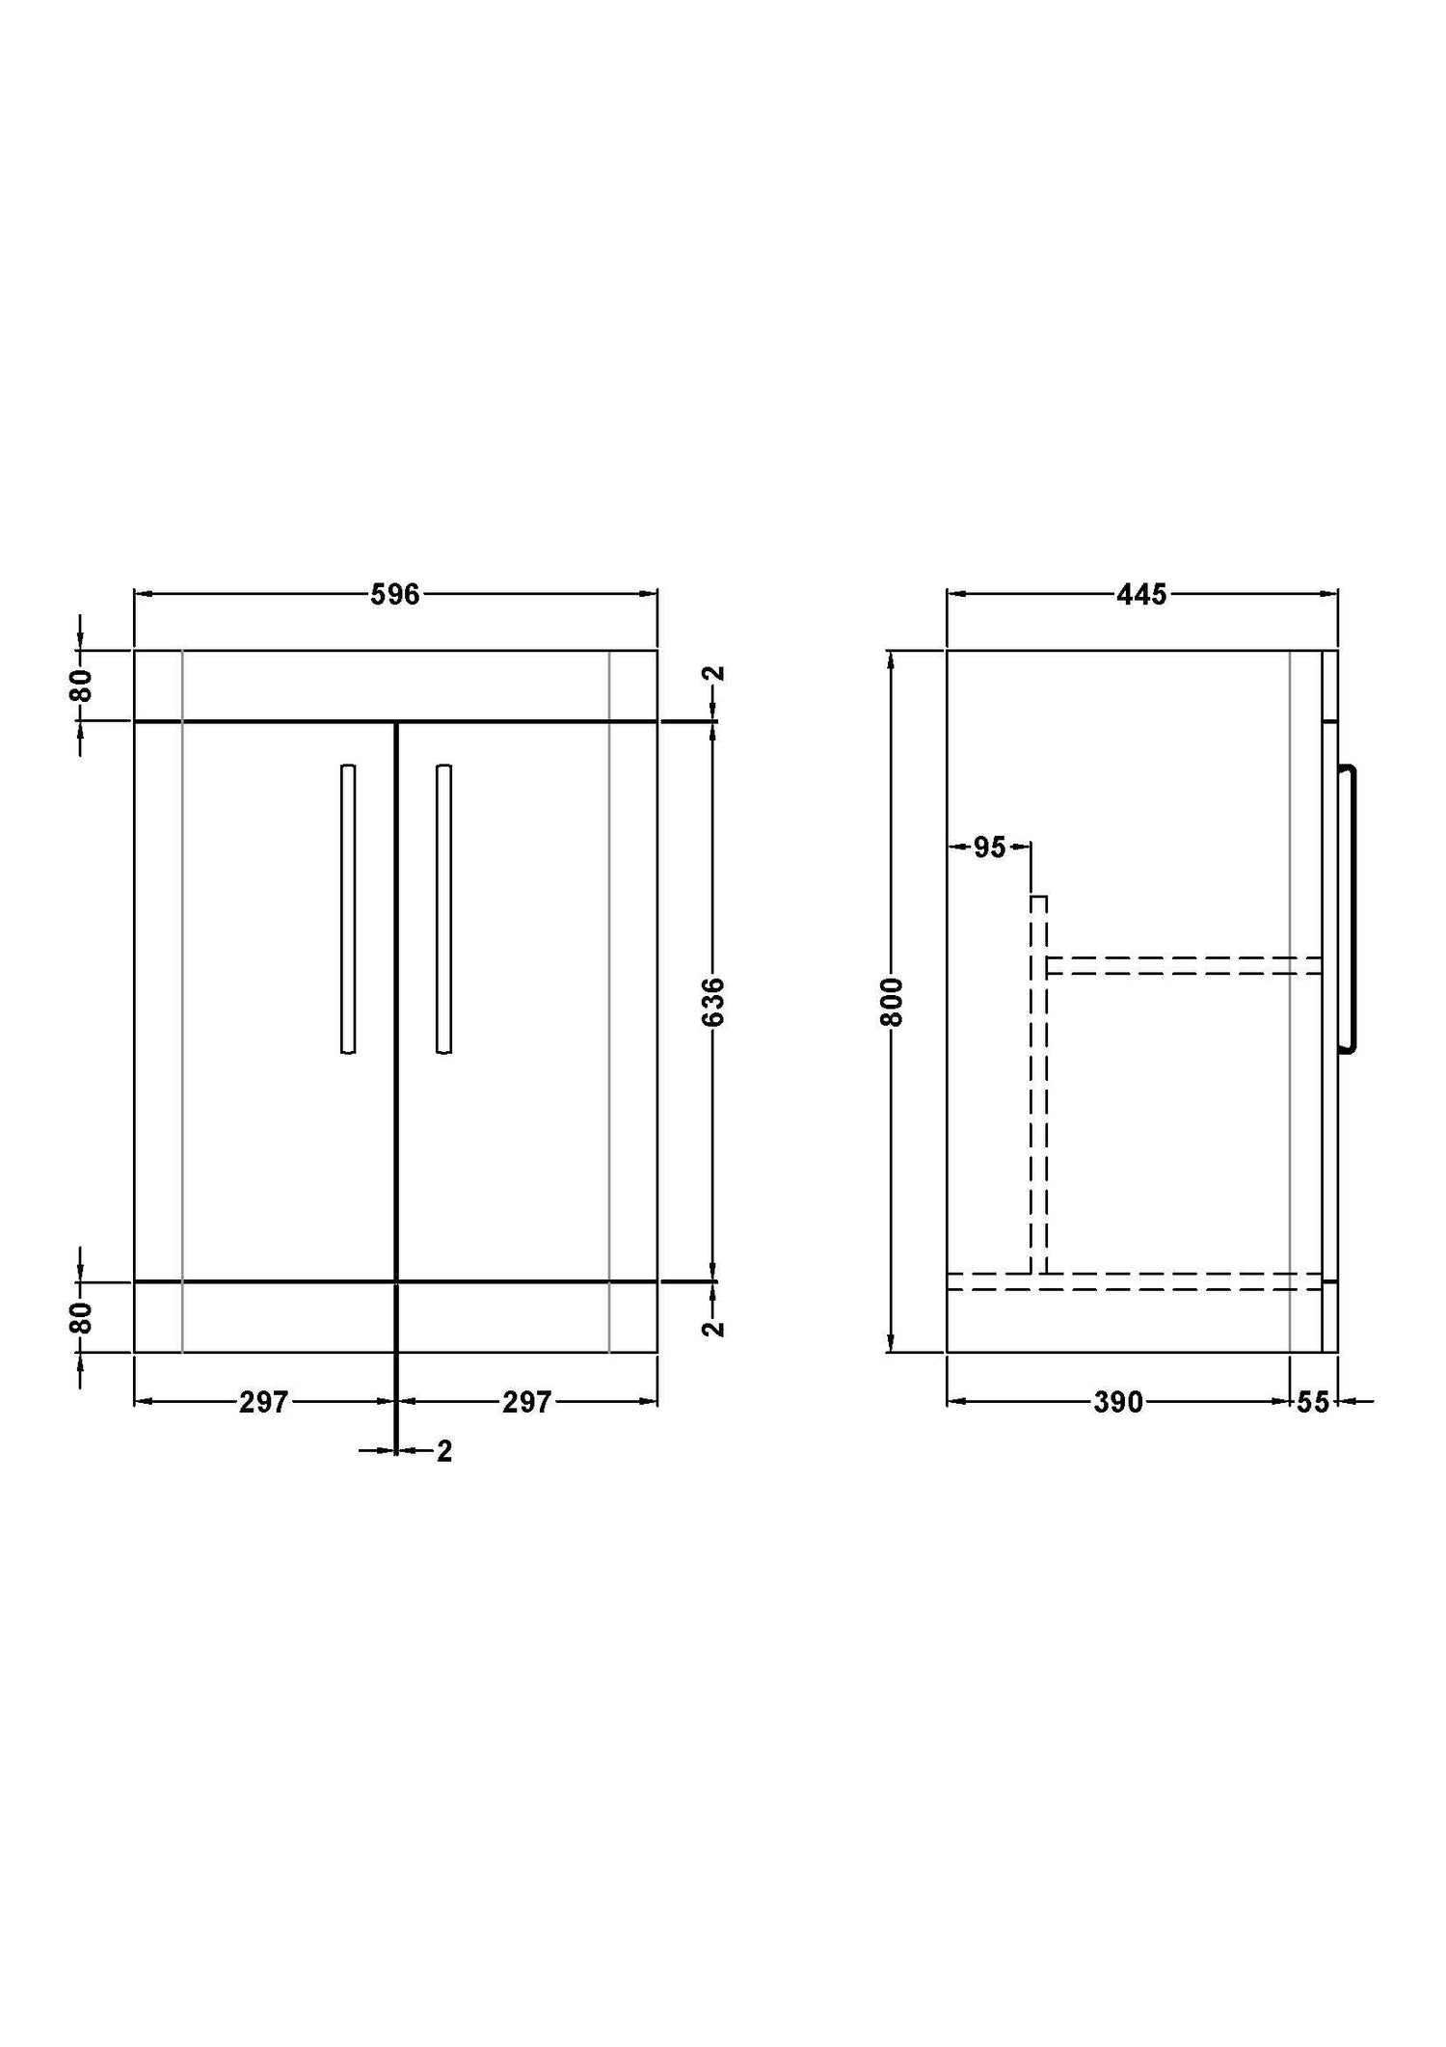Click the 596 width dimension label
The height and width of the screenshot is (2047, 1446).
click(395, 595)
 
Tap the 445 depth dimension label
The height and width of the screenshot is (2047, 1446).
click(1141, 595)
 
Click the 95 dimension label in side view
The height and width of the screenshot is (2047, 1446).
click(990, 848)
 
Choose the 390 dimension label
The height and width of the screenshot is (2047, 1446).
click(1118, 1402)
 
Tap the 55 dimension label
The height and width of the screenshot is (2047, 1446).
click(1313, 1402)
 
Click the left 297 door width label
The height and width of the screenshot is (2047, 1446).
click(264, 1402)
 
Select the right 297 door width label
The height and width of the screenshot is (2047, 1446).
click(526, 1402)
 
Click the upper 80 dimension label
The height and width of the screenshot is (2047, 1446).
click(83, 685)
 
